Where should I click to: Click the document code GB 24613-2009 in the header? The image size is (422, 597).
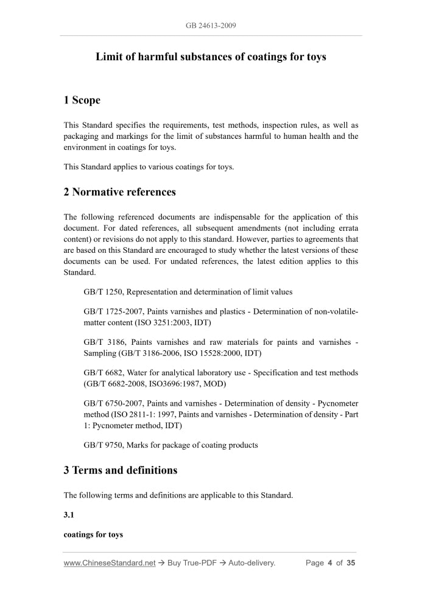coord(211,26)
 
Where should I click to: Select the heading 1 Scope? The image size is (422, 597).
coord(82,100)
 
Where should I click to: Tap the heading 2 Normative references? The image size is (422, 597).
coord(119,192)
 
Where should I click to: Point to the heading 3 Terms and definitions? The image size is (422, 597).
coord(121,470)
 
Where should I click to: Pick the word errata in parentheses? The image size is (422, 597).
coord(346,228)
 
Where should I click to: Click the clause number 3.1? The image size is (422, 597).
coord(69,515)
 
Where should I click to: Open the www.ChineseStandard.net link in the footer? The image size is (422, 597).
coord(110,563)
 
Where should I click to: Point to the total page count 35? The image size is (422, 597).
coord(350,563)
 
